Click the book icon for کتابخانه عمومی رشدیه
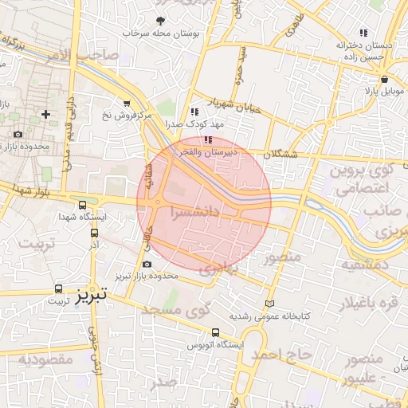pos(269,304)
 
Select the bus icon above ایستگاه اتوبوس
pos(215,333)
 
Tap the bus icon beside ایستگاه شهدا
pos(83,205)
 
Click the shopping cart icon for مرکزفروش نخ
pos(127,103)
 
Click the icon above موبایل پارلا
pos(385,80)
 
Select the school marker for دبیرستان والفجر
pos(208,140)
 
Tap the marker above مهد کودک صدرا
pos(194,112)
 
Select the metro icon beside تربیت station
pos(58,288)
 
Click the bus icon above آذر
pos(95,233)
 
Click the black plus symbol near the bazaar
pos(45,114)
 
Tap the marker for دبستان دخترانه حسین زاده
pos(363,33)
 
